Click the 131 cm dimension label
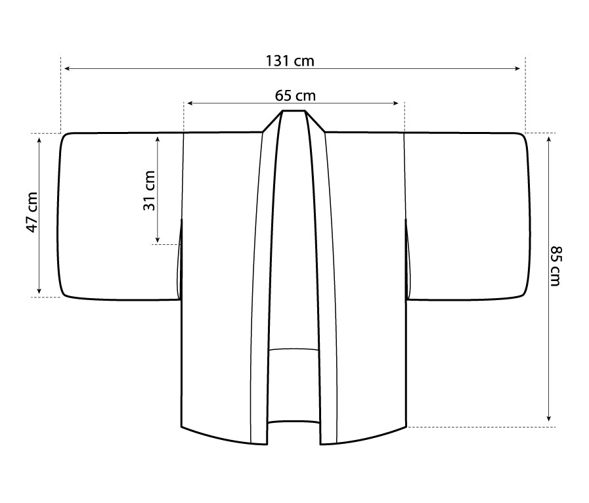point(290,60)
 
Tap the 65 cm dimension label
point(295,95)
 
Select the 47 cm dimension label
point(32,212)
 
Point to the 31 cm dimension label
point(149,190)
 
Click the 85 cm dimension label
point(556,266)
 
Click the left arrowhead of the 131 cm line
point(67,68)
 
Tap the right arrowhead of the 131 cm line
point(517,68)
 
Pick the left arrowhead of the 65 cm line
point(190,103)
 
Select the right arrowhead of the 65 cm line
point(395,103)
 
